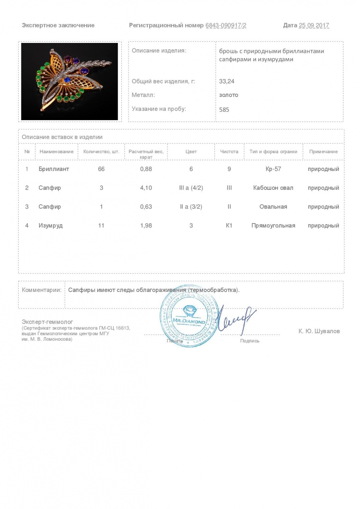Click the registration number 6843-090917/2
(x=226, y=25)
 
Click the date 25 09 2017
(x=314, y=25)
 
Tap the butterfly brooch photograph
(x=70, y=82)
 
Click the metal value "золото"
(x=229, y=95)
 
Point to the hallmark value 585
(x=224, y=109)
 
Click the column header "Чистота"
(x=229, y=152)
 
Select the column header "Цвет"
(x=191, y=152)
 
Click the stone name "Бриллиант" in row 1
(x=54, y=169)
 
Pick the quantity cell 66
(x=101, y=169)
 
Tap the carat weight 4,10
(x=146, y=188)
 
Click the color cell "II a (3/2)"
(x=191, y=207)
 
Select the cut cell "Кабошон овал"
(x=273, y=188)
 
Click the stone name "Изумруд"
(x=51, y=225)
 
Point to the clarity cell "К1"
(x=229, y=225)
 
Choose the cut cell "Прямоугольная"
(x=273, y=225)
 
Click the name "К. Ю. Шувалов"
(x=319, y=331)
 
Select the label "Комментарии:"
(x=41, y=290)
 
